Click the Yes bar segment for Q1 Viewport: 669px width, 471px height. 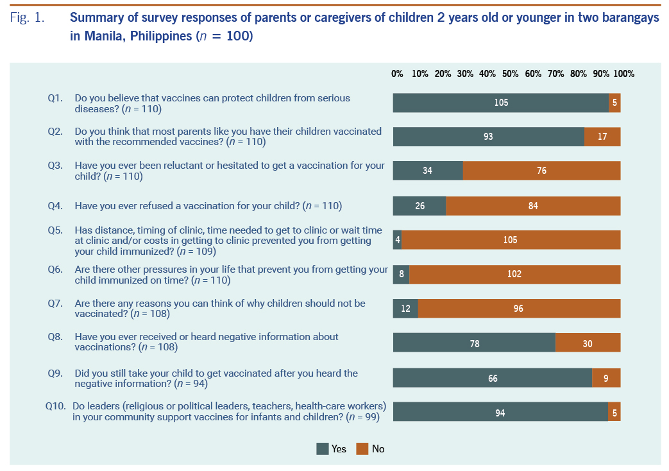[501, 103]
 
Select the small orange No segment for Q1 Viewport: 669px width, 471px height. [614, 103]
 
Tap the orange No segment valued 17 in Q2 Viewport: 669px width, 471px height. [602, 137]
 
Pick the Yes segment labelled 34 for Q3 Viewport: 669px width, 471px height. [428, 171]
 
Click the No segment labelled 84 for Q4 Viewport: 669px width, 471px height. [533, 206]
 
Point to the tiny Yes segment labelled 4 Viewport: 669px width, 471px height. [397, 240]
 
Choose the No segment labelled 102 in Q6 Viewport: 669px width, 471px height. [514, 274]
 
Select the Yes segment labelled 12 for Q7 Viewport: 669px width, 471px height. [405, 309]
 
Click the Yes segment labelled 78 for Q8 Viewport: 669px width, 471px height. [474, 343]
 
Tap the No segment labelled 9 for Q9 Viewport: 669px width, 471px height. [606, 378]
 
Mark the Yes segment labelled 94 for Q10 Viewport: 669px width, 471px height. [500, 413]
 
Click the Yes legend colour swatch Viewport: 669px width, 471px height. [323, 449]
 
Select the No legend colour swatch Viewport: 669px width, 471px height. [362, 449]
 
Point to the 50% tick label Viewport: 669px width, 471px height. [510, 74]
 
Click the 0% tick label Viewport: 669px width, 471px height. [397, 74]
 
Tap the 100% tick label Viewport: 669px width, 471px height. [623, 74]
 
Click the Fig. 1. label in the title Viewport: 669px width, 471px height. [27, 18]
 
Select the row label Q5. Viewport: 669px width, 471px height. [55, 230]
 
